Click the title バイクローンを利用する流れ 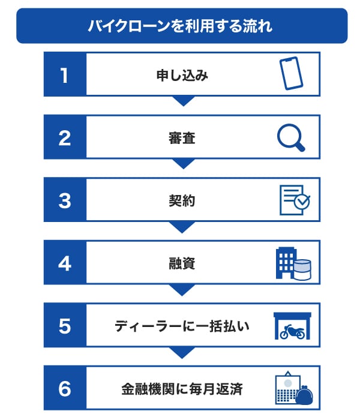point(180,26)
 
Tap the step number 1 point(64,75)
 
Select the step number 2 point(65,138)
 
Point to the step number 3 point(65,201)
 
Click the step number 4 point(65,263)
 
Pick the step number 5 point(65,326)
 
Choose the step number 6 point(65,389)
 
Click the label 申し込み point(182,75)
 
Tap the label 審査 point(182,138)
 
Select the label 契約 point(182,201)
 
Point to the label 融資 point(182,263)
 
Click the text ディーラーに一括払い point(182,326)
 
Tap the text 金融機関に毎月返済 point(182,389)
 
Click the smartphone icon point(291,73)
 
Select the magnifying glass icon point(291,137)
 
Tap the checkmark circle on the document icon point(302,201)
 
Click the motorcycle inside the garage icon point(292,332)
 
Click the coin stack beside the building point(302,270)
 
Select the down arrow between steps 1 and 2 point(183,101)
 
